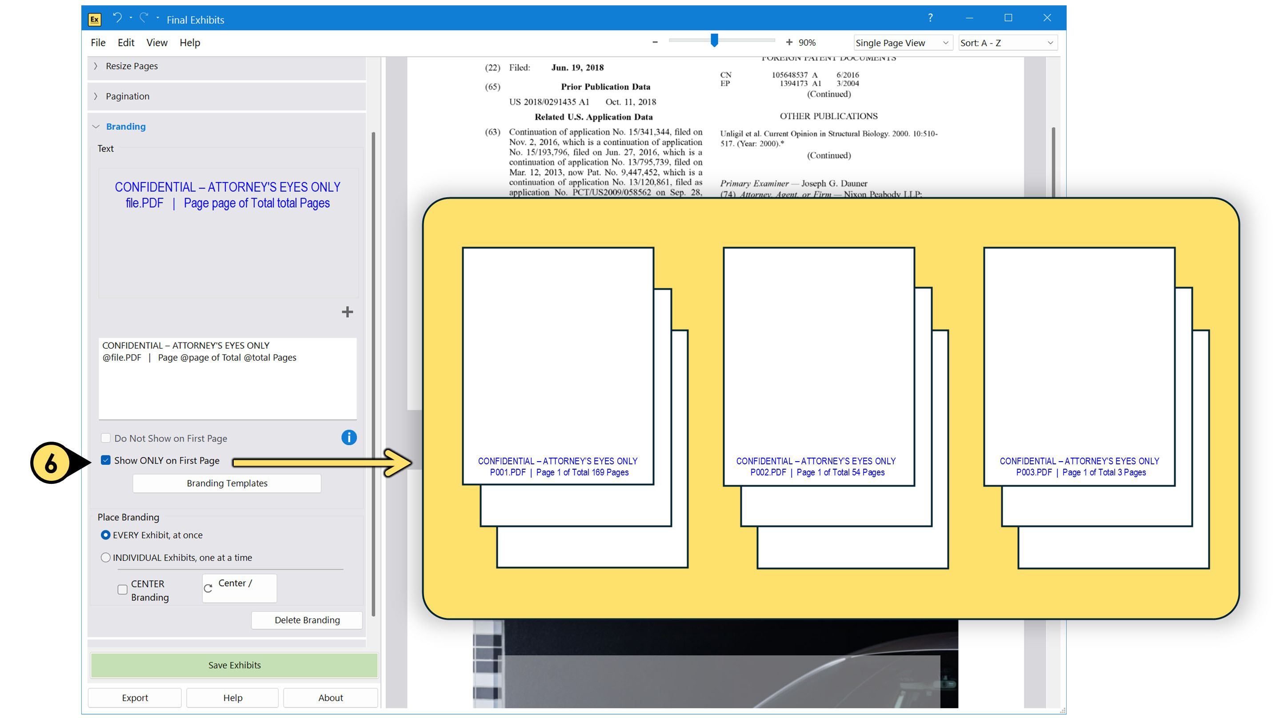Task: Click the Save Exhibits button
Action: point(234,665)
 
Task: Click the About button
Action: point(330,698)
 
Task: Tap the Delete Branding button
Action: point(307,620)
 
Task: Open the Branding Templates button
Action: point(227,483)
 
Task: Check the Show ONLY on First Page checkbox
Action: point(105,460)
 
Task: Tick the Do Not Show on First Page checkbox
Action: point(105,438)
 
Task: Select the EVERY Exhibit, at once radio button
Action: point(105,535)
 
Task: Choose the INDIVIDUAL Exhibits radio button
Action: point(105,558)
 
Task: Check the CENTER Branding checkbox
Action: point(122,590)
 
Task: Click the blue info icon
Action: point(349,437)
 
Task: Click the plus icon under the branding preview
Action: point(347,312)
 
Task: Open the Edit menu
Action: point(126,43)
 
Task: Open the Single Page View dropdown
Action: point(902,43)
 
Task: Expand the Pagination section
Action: point(127,96)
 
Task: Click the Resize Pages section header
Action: point(132,66)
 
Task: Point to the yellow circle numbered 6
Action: point(51,463)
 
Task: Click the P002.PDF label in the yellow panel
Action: point(768,472)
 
